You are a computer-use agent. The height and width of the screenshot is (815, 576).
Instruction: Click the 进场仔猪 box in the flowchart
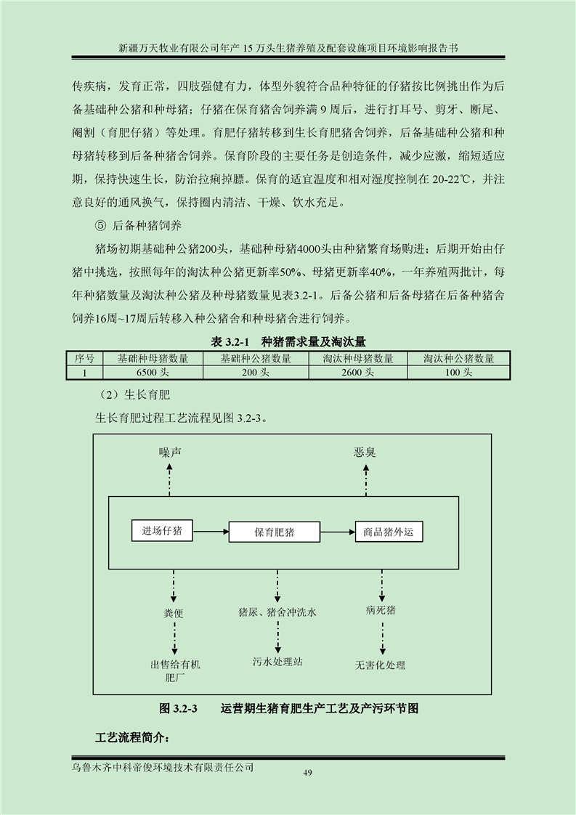point(162,531)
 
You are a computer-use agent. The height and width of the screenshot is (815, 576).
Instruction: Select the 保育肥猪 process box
point(275,532)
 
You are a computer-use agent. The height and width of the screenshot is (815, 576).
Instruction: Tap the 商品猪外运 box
point(389,532)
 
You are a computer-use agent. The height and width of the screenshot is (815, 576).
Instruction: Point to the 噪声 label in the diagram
point(170,453)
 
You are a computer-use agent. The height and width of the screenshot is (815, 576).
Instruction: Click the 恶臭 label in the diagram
point(365,453)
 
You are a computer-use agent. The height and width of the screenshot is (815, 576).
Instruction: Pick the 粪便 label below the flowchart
point(174,613)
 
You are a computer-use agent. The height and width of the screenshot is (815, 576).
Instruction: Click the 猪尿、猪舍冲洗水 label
point(277,612)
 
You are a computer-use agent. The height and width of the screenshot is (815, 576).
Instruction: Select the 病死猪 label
point(381,610)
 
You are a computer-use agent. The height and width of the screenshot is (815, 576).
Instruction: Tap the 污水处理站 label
point(277,662)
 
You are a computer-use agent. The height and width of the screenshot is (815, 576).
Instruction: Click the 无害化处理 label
point(380,665)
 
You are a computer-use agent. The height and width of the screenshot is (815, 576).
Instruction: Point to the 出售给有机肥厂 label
point(175,670)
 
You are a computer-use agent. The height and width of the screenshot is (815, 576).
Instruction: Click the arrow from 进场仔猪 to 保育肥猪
point(211,531)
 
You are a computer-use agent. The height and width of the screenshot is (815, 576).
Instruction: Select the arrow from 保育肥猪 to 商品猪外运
point(338,531)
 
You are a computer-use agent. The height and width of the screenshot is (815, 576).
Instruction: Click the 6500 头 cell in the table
point(153,372)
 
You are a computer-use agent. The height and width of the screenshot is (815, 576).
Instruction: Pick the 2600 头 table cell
point(357,372)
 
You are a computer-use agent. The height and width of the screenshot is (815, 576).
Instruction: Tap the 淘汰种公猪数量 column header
point(458,359)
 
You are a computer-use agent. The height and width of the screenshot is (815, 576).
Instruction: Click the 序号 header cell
point(85,359)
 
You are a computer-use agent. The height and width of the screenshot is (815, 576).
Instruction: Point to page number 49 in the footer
point(307,773)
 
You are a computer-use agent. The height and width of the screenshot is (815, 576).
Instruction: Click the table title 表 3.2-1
point(230,341)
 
